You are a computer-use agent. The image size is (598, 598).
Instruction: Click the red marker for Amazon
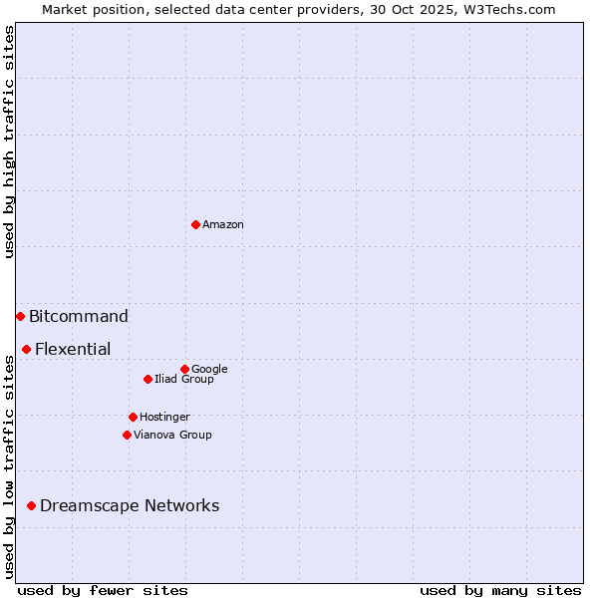click(195, 224)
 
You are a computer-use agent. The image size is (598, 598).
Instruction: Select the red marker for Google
click(184, 369)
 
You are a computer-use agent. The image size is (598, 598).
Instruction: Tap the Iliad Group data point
click(148, 379)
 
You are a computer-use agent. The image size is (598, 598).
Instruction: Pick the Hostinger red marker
click(133, 417)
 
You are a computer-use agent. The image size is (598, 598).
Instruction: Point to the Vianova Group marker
click(127, 435)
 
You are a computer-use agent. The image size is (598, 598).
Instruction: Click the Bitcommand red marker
click(20, 316)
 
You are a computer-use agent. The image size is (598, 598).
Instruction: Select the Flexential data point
click(26, 349)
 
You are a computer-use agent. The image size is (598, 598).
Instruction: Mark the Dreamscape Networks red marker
click(31, 505)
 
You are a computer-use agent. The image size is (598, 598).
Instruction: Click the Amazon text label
click(223, 225)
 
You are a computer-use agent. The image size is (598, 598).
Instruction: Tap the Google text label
click(209, 370)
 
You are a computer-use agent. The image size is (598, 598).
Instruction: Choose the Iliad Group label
click(184, 380)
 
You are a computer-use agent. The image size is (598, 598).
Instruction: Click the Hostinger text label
click(164, 418)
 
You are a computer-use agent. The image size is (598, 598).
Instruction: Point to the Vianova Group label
click(172, 436)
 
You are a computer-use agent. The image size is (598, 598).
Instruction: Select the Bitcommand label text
click(79, 317)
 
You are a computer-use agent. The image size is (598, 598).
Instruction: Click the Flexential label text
click(73, 350)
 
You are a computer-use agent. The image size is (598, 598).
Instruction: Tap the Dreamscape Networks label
click(130, 506)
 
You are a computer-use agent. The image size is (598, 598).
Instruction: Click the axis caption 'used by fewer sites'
click(103, 590)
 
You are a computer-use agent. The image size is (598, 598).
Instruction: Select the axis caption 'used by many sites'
click(500, 590)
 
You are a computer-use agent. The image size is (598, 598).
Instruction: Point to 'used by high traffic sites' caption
click(10, 142)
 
